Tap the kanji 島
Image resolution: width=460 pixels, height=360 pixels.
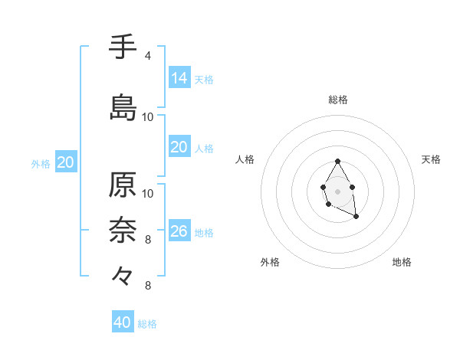(x=123, y=107)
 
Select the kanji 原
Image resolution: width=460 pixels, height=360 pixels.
(x=123, y=186)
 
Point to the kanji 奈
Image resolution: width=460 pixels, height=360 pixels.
(x=123, y=228)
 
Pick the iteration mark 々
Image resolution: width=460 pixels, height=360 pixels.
(x=123, y=273)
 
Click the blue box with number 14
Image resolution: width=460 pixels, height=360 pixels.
(x=179, y=78)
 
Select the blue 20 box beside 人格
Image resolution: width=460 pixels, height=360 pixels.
(x=179, y=147)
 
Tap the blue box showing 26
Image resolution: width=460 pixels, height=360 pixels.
(x=179, y=231)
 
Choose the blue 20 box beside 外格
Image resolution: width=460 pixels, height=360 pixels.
(x=66, y=162)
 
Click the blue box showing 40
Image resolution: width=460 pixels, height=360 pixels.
(x=123, y=322)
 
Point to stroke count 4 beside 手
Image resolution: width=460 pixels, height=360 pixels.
(x=148, y=56)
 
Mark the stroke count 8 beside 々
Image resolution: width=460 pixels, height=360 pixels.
(x=148, y=286)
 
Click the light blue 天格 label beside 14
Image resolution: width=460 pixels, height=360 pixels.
(x=204, y=80)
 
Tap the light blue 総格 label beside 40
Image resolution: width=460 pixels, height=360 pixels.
(x=148, y=324)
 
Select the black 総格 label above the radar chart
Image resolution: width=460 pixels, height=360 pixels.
(x=338, y=100)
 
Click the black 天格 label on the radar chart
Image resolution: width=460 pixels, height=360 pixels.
(x=432, y=159)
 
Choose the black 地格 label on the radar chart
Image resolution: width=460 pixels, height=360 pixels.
(x=402, y=262)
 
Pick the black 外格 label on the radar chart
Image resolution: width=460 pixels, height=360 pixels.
(x=270, y=262)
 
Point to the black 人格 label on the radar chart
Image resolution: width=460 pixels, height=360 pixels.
(x=245, y=159)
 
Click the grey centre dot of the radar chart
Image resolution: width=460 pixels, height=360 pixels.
(x=337, y=191)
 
